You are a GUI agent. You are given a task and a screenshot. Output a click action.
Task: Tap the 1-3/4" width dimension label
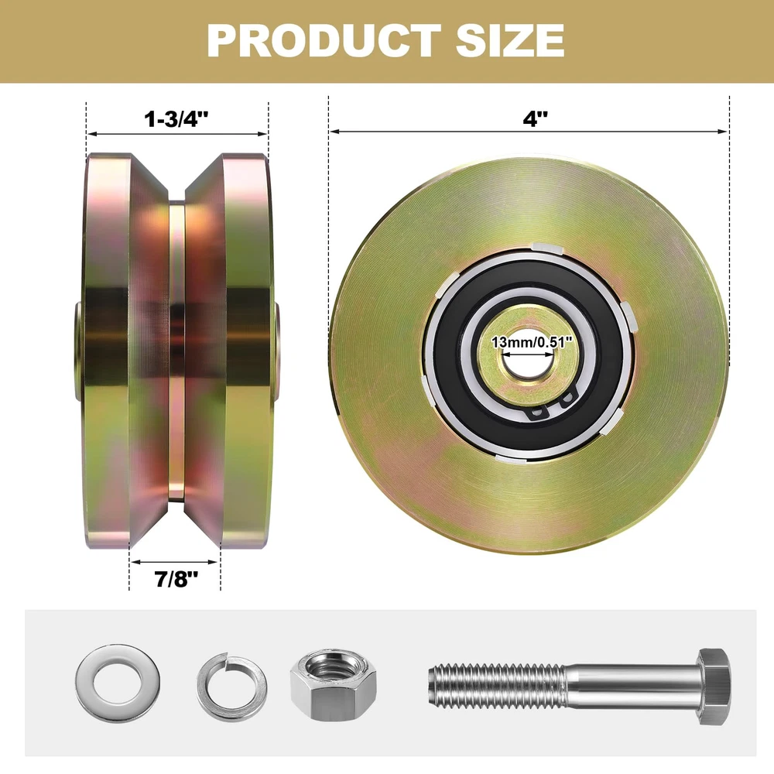(176, 119)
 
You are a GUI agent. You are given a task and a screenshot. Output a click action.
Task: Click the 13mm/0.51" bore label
(532, 341)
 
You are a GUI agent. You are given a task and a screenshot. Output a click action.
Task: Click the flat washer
(118, 680)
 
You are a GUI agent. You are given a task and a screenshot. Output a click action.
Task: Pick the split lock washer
(231, 686)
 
